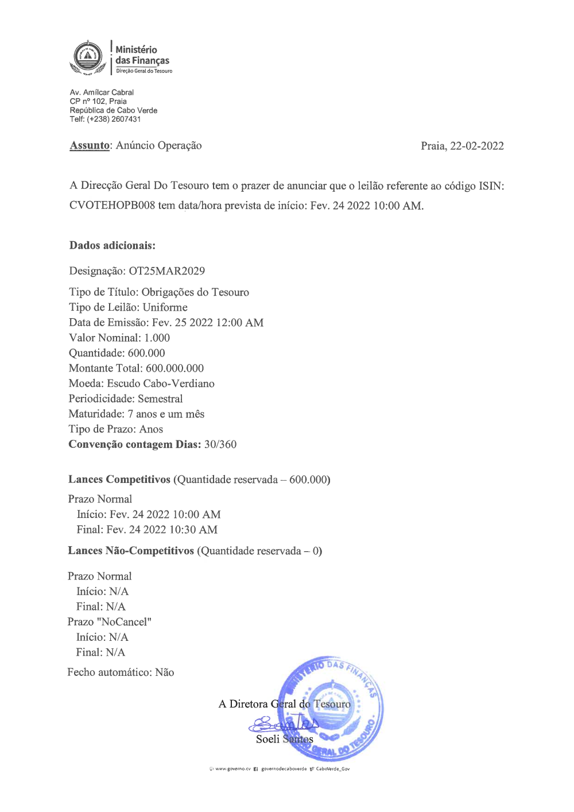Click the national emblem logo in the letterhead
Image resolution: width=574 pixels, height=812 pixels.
(x=86, y=57)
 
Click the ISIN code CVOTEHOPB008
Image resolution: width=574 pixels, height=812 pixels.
(x=112, y=206)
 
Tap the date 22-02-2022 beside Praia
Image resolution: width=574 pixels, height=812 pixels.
(x=477, y=146)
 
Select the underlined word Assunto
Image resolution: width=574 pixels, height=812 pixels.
(x=90, y=145)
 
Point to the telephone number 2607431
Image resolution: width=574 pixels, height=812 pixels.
(x=126, y=119)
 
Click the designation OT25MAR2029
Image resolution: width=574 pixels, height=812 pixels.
(x=166, y=271)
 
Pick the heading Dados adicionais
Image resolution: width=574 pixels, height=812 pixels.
(x=113, y=245)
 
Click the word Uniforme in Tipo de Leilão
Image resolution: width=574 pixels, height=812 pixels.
(x=165, y=307)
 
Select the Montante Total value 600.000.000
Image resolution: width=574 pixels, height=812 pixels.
(x=174, y=368)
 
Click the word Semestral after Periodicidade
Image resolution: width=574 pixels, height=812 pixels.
(x=160, y=399)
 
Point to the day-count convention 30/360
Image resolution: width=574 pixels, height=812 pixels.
(x=220, y=444)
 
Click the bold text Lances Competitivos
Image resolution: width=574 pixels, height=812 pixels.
(x=119, y=480)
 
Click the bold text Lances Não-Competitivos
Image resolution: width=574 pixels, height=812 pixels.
(x=131, y=551)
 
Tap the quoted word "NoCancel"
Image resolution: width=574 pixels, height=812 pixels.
(x=125, y=622)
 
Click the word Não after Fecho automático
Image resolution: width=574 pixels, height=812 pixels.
(x=165, y=672)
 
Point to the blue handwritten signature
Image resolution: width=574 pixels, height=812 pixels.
(x=284, y=724)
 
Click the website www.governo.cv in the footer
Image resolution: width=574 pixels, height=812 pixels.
(x=232, y=769)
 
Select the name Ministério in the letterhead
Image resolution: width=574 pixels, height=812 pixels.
(x=136, y=50)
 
